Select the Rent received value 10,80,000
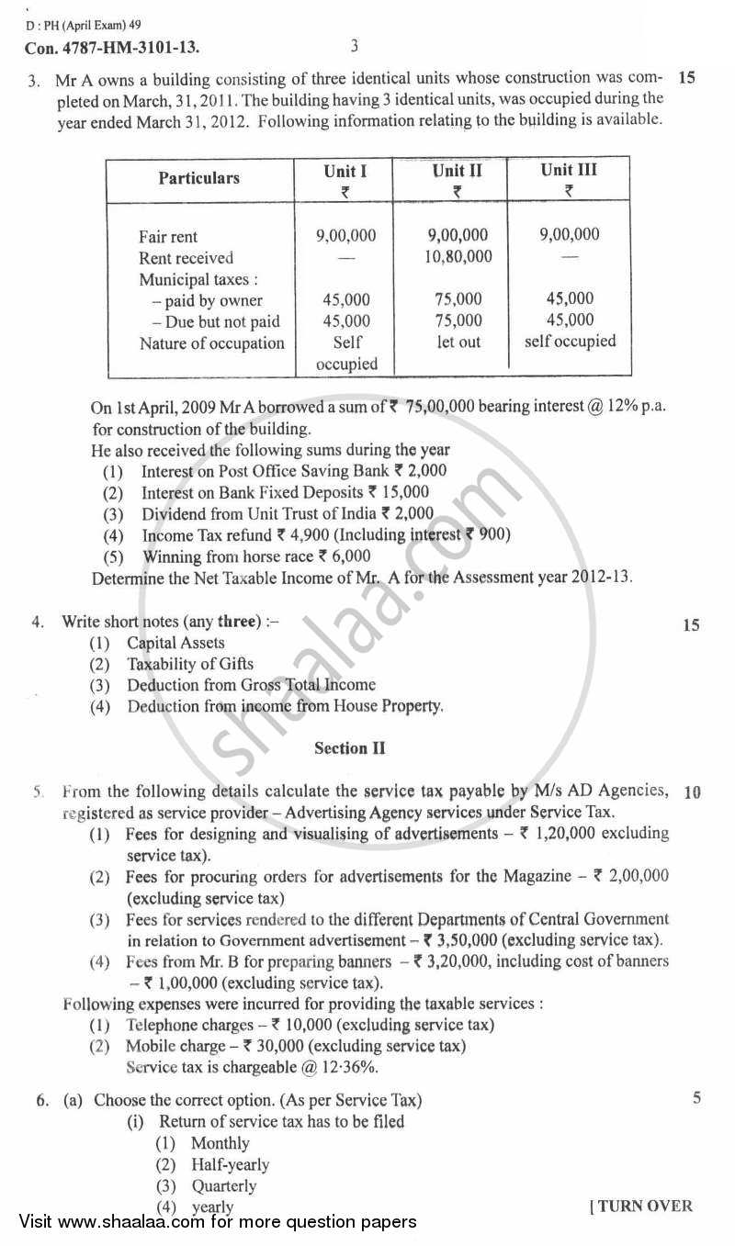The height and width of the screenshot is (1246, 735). tap(458, 257)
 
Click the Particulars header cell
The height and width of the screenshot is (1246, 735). tap(198, 178)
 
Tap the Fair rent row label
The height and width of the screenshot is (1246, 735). tap(168, 236)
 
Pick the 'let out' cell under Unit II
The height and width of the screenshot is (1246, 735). tap(458, 342)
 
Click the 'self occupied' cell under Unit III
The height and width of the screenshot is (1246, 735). tap(570, 341)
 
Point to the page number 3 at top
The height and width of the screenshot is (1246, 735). tap(355, 45)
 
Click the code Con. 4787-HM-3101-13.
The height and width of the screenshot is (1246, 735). tap(110, 46)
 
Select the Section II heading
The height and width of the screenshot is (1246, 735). tap(349, 748)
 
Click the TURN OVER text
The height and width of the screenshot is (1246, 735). tap(640, 1207)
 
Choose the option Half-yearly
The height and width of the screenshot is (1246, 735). tap(230, 1164)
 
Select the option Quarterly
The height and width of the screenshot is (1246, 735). tap(223, 1185)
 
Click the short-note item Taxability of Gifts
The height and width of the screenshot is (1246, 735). tap(190, 664)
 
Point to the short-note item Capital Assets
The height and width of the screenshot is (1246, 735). tap(175, 643)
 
